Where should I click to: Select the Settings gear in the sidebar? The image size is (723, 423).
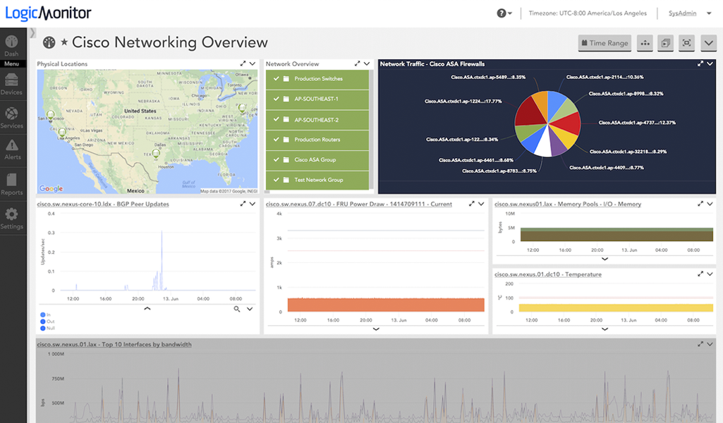12,217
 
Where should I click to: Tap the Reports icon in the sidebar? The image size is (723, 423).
12,183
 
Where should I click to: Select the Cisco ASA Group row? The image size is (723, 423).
315,160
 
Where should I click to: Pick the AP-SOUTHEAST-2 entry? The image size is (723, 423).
316,120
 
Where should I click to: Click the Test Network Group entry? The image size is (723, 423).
318,180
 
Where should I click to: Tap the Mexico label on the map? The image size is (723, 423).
135,190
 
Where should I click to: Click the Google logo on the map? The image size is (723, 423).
51,188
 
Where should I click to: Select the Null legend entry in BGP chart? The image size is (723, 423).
49,328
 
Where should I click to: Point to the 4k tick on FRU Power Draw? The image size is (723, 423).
279,214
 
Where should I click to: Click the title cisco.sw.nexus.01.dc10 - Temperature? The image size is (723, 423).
547,274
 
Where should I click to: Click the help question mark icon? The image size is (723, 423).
502,13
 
